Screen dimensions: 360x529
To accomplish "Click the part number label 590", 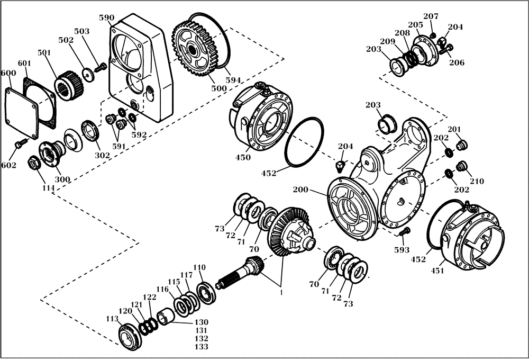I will pyautogui.click(x=106, y=17).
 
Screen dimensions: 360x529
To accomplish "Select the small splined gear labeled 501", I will pyautogui.click(x=67, y=84).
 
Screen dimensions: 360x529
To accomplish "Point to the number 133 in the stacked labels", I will pyautogui.click(x=202, y=347).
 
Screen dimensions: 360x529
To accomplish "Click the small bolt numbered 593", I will pyautogui.click(x=405, y=231).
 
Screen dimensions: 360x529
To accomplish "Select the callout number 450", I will pyautogui.click(x=244, y=157).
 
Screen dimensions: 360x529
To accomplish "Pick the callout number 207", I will pyautogui.click(x=431, y=16).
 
